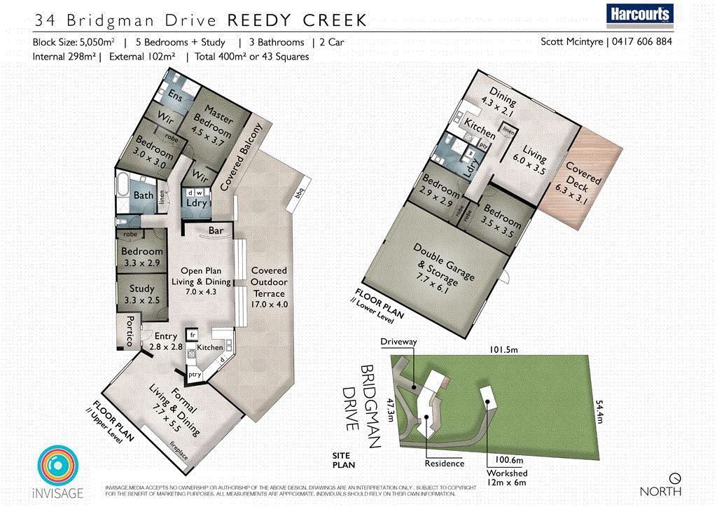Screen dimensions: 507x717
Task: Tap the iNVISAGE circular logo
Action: pos(59,466)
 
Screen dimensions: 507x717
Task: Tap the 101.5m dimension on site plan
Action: pos(503,349)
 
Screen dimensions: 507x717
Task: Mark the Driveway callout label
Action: pos(398,342)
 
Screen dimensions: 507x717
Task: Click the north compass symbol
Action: pos(675,478)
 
